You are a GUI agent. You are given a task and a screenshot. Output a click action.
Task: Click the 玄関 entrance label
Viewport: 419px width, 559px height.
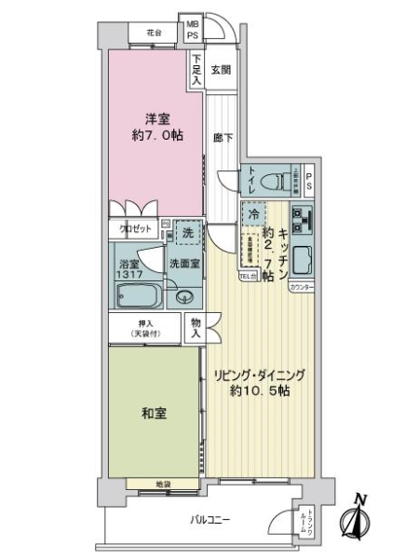pos(221,69)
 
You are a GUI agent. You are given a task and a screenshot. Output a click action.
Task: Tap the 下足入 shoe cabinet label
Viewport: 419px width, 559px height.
pos(196,70)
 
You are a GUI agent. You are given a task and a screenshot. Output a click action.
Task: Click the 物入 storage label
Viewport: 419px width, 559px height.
pos(196,326)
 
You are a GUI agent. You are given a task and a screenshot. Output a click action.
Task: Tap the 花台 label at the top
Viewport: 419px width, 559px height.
pos(155,33)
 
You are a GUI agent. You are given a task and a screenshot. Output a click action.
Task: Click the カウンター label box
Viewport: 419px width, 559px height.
pos(302,288)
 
